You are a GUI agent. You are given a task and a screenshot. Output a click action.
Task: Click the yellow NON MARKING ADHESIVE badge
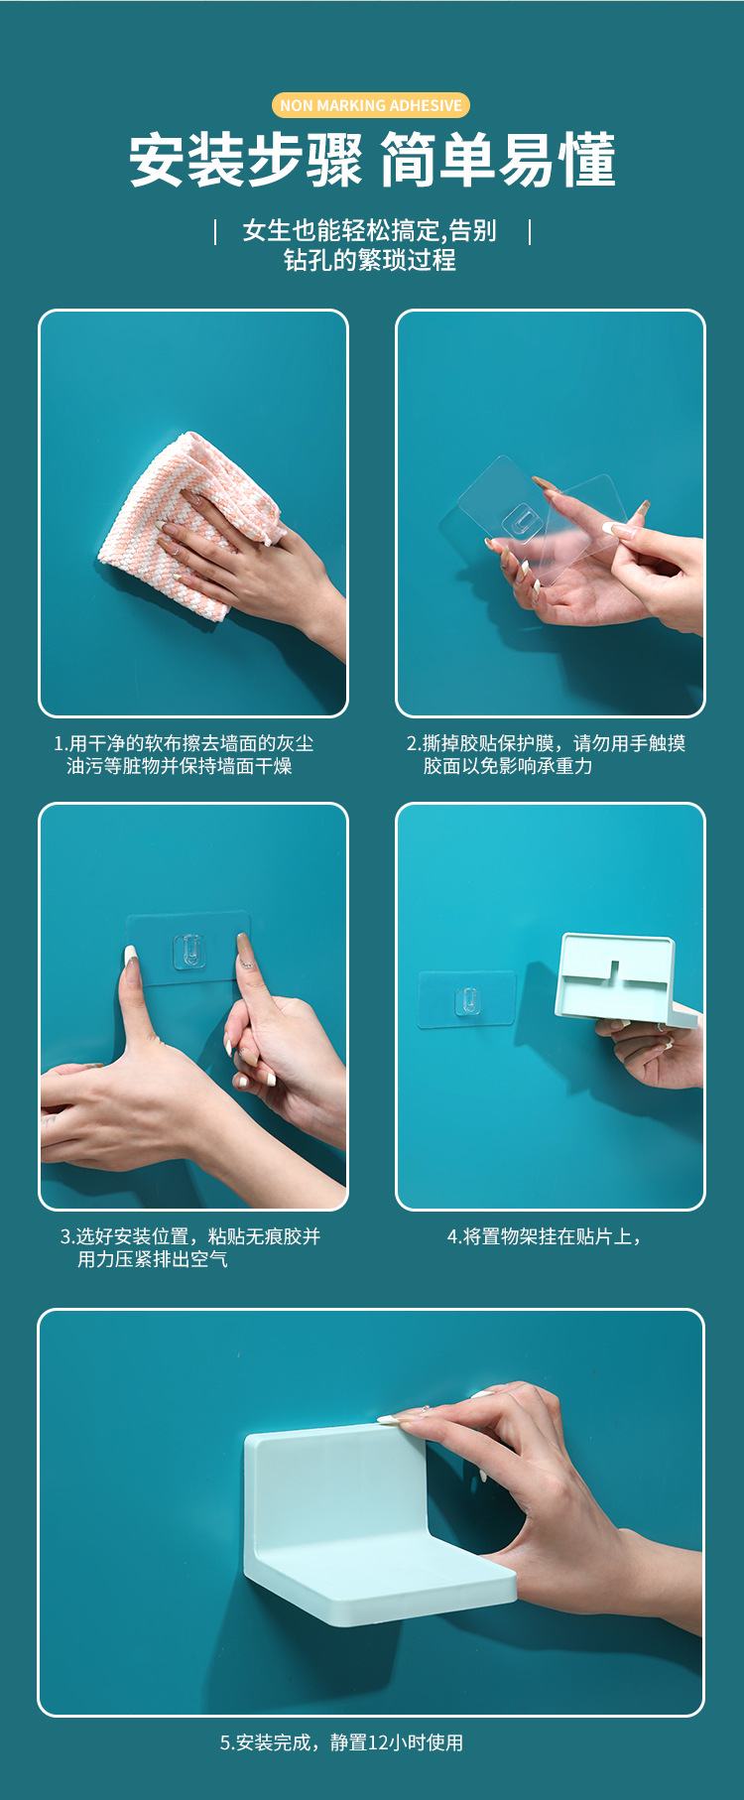[x=370, y=105]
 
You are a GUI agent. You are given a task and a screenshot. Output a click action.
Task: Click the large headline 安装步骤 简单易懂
[x=372, y=160]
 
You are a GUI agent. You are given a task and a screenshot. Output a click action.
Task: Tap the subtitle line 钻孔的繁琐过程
[x=370, y=260]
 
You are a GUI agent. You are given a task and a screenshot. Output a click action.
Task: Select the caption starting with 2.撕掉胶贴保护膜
[x=545, y=754]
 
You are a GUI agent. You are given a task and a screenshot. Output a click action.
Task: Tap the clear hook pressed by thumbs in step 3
[x=188, y=951]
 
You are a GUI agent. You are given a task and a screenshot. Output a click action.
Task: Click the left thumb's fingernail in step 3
[x=130, y=957]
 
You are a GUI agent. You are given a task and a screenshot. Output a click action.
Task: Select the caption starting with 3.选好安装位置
[x=189, y=1247]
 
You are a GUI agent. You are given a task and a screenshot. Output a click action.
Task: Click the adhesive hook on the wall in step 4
[x=467, y=1000]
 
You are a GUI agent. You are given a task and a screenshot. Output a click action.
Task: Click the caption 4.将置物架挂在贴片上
[x=544, y=1236]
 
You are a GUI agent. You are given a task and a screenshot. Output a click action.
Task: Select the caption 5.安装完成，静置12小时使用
[x=341, y=1742]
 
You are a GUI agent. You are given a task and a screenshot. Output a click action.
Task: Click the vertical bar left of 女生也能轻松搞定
[x=215, y=231]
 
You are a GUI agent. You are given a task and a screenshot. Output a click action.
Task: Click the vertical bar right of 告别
[x=530, y=231]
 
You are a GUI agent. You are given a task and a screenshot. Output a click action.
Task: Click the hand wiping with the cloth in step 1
[x=258, y=566]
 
